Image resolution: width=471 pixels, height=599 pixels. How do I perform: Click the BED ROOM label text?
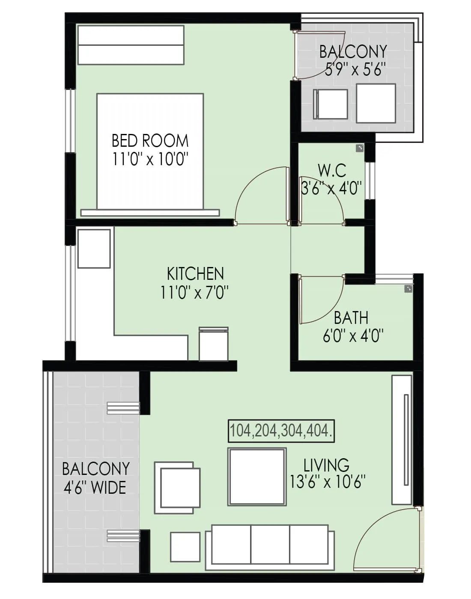[x=150, y=141]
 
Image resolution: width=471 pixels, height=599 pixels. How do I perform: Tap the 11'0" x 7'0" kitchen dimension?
[x=195, y=293]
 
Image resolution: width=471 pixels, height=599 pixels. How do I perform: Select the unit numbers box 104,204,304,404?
[x=281, y=430]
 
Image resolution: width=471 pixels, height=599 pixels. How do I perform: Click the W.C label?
[x=332, y=170]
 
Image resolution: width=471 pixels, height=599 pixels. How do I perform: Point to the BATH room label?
[x=351, y=318]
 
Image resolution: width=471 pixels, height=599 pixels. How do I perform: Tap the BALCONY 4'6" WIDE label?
[x=95, y=478]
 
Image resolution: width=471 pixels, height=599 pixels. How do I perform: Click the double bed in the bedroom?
[x=150, y=152]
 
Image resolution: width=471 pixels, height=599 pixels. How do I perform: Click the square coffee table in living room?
[x=257, y=477]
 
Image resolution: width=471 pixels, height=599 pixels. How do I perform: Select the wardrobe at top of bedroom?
[x=131, y=45]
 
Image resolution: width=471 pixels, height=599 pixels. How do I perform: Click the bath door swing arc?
[x=321, y=299]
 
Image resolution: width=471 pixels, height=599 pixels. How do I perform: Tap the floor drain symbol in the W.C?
[x=359, y=148]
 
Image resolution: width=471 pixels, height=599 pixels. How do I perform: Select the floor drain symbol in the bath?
[x=408, y=289]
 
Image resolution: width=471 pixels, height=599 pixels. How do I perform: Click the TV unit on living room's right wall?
[x=402, y=440]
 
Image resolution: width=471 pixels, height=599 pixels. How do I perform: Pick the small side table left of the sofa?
[x=185, y=547]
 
